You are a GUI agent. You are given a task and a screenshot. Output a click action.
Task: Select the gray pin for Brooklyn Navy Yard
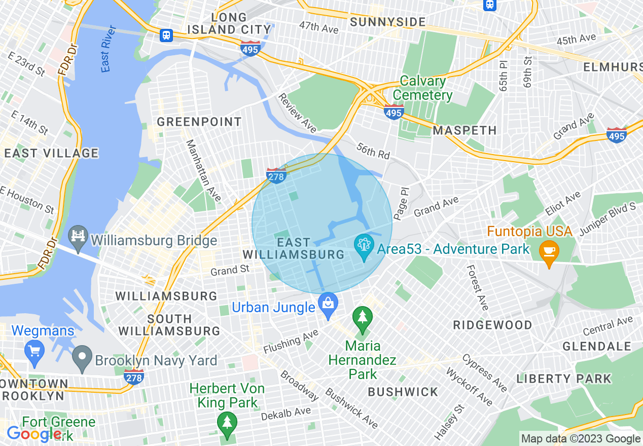pos(82,359)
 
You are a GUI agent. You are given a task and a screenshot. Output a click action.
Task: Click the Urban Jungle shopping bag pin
pos(328,306)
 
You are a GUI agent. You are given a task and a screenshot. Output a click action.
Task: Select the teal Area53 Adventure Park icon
pos(364,248)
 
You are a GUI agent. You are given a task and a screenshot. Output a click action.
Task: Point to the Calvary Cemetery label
pos(422,88)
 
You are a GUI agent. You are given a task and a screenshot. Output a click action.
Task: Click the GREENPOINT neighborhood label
pos(199,122)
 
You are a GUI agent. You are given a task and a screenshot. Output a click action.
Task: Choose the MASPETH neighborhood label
pos(465,131)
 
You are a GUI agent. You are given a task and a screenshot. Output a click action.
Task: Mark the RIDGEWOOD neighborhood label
pos(492,325)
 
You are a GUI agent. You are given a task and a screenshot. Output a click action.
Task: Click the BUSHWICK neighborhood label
pos(403,392)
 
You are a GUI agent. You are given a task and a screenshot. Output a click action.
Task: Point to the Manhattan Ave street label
pos(203,170)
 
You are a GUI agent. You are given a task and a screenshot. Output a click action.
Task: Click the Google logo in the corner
pos(33,434)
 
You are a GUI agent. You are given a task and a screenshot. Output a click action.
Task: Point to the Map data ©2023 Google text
pos(581,439)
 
